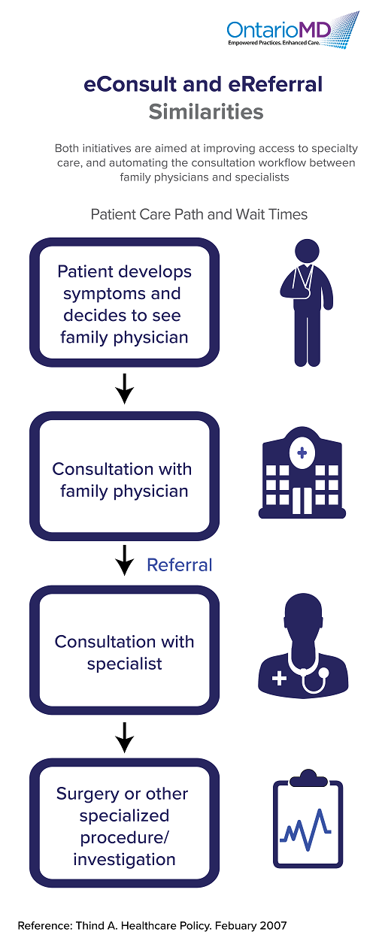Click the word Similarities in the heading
click(206, 112)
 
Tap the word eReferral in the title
click(275, 84)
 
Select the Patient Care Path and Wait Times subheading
click(199, 214)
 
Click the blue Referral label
click(180, 565)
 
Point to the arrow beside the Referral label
click(125, 560)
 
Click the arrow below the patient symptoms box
click(125, 389)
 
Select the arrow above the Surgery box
click(125, 737)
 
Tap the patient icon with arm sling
click(307, 303)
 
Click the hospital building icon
click(302, 473)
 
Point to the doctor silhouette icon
click(303, 645)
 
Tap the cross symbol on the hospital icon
click(302, 452)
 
